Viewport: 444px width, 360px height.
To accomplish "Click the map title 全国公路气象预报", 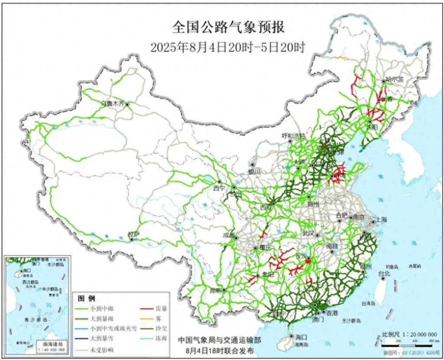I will pyautogui.click(x=228, y=27).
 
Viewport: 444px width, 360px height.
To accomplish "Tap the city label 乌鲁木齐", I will pyautogui.click(x=112, y=103).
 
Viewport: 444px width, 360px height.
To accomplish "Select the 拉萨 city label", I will pyautogui.click(x=134, y=234).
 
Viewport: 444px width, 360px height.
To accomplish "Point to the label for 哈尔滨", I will pyautogui.click(x=395, y=79).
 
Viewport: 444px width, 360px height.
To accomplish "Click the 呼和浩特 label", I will pyautogui.click(x=294, y=136).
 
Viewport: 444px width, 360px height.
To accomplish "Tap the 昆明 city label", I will pyautogui.click(x=215, y=289).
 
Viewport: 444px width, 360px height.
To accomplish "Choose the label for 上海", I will pyautogui.click(x=382, y=219).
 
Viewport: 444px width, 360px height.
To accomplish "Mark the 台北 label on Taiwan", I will pyautogui.click(x=384, y=273).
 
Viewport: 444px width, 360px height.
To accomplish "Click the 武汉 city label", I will pyautogui.click(x=307, y=233).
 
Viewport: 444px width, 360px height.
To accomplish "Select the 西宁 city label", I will pyautogui.click(x=219, y=188).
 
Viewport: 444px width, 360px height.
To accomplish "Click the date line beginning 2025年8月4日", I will pyautogui.click(x=228, y=47).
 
